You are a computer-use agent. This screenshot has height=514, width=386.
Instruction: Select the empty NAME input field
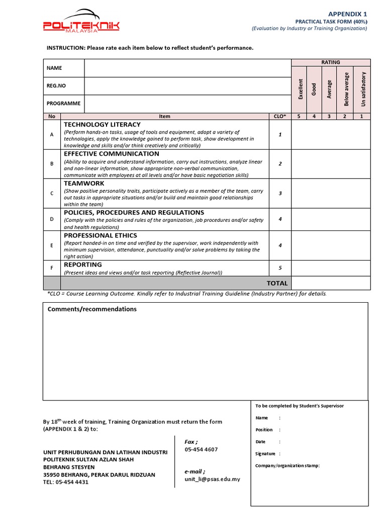(187, 68)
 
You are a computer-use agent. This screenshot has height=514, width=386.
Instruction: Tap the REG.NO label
(56, 86)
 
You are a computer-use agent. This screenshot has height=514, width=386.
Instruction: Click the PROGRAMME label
(63, 103)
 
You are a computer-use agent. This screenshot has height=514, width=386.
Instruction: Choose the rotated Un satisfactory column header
(363, 89)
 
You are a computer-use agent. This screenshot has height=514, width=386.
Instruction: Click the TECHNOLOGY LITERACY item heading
(102, 124)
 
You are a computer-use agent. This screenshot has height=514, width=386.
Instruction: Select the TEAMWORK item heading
(84, 183)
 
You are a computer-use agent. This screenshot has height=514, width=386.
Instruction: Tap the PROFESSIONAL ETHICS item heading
(100, 235)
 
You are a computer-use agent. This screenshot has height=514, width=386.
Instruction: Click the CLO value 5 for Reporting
(280, 268)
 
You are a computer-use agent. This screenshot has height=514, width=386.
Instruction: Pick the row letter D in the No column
(51, 219)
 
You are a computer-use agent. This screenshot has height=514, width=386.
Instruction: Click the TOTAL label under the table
(277, 283)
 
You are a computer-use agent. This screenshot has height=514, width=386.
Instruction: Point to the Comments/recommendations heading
(92, 309)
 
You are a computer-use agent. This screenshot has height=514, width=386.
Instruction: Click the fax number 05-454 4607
(201, 449)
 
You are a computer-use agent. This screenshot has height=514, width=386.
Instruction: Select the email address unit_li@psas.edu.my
(212, 479)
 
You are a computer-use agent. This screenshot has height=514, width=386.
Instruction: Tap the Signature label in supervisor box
(265, 453)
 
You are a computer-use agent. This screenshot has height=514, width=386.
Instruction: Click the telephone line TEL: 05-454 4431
(66, 482)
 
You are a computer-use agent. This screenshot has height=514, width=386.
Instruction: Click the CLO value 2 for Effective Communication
(280, 164)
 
